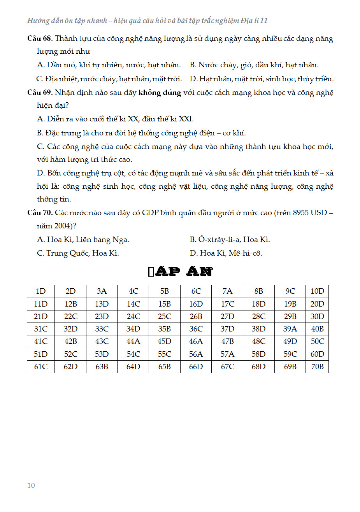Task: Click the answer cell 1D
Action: (40, 291)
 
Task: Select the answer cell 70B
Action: (317, 366)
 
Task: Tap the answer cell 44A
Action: (133, 342)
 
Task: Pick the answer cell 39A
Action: (290, 329)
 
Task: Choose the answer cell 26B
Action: (196, 317)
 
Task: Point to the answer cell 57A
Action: (227, 354)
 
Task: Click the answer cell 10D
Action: (317, 291)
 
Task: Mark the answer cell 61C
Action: (40, 366)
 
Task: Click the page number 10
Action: (31, 485)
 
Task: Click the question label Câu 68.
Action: (40, 39)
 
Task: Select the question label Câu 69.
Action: (40, 93)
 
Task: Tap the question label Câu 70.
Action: (40, 213)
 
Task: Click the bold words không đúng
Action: (160, 93)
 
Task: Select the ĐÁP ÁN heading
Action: (180, 272)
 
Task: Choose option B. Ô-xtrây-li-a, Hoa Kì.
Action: (230, 240)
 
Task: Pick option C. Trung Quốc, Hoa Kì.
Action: (78, 253)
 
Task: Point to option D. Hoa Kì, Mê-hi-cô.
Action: (226, 253)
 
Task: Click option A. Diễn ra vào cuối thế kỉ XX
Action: (115, 119)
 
